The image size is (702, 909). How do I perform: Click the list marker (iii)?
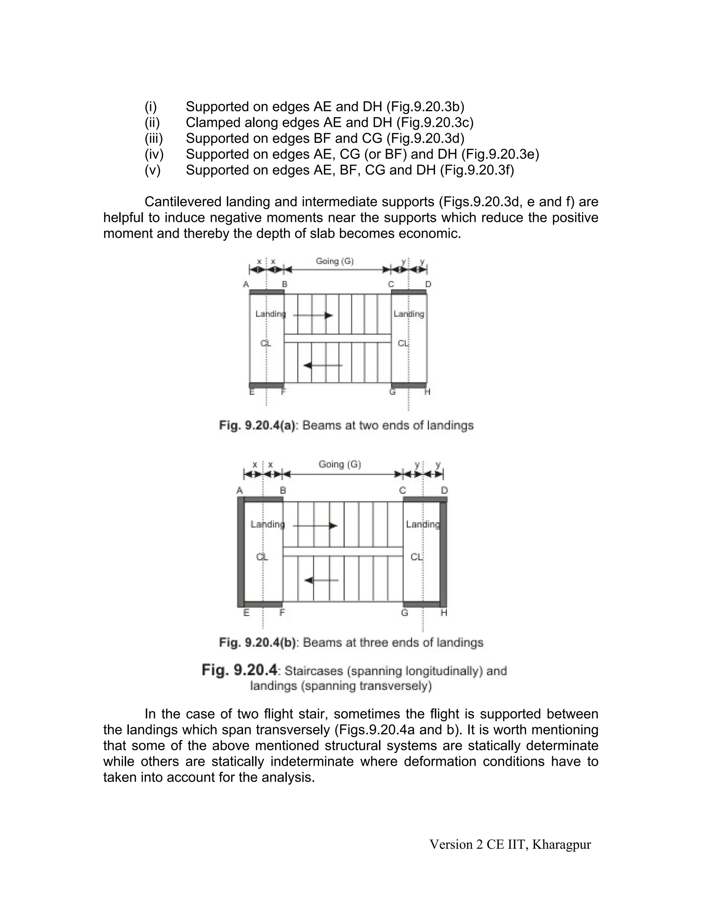pyautogui.click(x=154, y=138)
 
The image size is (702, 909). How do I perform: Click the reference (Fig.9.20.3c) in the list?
pyautogui.click(x=435, y=122)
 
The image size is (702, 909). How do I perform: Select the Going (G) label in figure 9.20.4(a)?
pyautogui.click(x=335, y=261)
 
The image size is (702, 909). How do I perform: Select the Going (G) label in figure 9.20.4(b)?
pyautogui.click(x=340, y=464)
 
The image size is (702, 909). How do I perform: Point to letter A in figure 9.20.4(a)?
pyautogui.click(x=246, y=284)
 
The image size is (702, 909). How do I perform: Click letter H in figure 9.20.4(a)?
pyautogui.click(x=427, y=392)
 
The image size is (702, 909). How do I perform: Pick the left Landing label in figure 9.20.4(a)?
pyautogui.click(x=270, y=314)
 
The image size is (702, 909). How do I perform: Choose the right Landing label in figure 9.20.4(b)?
pyautogui.click(x=423, y=524)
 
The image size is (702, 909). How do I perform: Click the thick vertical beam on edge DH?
pyautogui.click(x=443, y=554)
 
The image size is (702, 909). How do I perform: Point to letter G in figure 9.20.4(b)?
pyautogui.click(x=404, y=613)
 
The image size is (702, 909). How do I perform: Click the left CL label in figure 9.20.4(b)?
pyautogui.click(x=262, y=557)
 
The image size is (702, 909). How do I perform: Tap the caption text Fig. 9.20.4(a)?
pyautogui.click(x=257, y=425)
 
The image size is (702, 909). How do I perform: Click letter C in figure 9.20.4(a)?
pyautogui.click(x=391, y=284)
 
